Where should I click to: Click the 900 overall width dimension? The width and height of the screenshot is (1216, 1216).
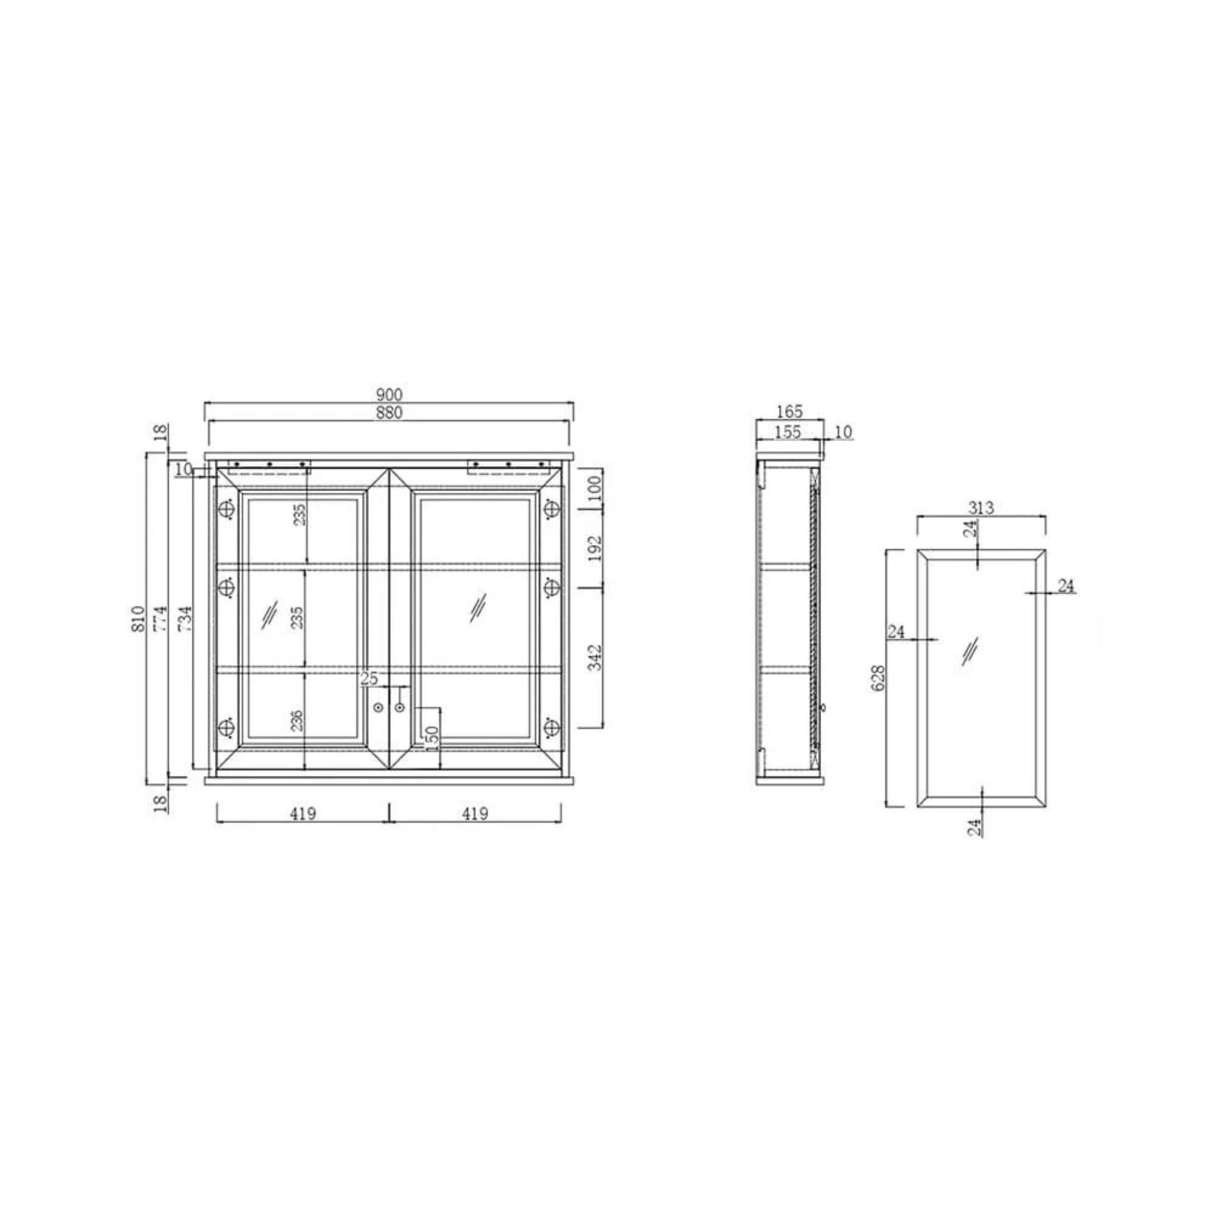389,395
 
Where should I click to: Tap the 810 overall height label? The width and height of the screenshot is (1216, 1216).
139,619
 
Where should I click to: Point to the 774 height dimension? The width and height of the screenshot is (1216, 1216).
160,619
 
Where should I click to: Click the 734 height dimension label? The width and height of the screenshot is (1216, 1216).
184,619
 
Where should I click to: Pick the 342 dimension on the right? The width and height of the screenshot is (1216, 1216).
596,657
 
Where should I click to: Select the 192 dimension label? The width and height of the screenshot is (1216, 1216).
596,548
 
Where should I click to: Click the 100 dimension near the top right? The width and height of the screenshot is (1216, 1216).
596,489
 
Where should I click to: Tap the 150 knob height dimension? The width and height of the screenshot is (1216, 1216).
432,737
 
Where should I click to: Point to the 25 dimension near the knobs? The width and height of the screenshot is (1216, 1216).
369,679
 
